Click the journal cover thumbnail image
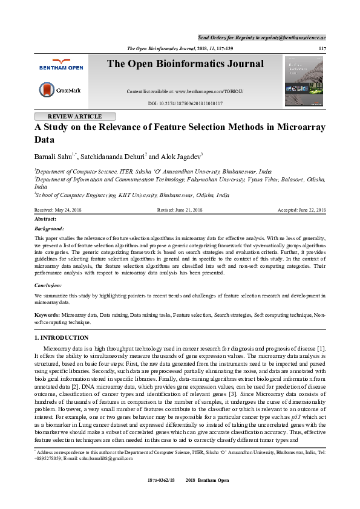(304, 81)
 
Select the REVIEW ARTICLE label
(74, 117)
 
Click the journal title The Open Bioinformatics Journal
(185, 64)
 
